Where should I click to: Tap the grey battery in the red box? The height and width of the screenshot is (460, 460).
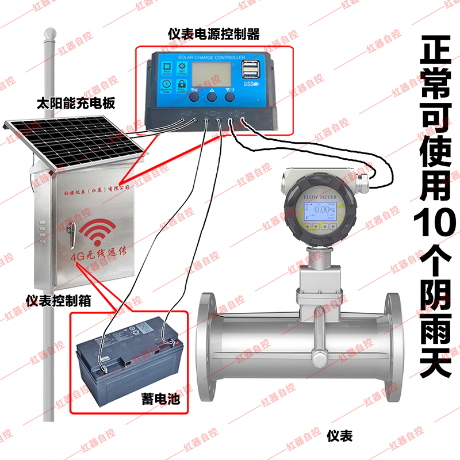click(129, 363)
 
